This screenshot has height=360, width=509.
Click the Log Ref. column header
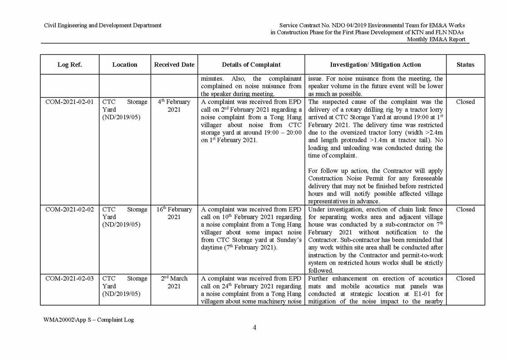[x=69, y=65]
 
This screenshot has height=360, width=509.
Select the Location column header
[x=125, y=65]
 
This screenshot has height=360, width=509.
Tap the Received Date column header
[x=174, y=65]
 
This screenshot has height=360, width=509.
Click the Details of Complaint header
[x=251, y=65]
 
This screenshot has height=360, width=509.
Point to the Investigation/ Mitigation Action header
[x=375, y=65]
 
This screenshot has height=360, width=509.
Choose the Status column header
[x=465, y=65]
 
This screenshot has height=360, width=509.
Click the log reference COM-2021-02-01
[x=69, y=102]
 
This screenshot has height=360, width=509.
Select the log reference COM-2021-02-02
[x=69, y=210]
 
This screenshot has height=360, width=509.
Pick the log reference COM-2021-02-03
[x=69, y=278]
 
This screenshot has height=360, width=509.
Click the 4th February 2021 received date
[x=174, y=106]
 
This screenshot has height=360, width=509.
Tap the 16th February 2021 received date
[x=174, y=213]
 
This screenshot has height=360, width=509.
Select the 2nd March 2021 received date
[x=174, y=282]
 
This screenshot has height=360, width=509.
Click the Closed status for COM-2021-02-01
[x=465, y=102]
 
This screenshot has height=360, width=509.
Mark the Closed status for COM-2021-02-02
[x=465, y=210]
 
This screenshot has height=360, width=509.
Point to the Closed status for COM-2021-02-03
[x=465, y=278]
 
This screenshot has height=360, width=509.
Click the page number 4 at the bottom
[x=254, y=328]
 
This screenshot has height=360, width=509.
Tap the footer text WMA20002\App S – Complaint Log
[x=88, y=320]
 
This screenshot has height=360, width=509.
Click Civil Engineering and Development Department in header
[x=102, y=25]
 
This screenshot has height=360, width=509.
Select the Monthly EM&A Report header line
[x=436, y=39]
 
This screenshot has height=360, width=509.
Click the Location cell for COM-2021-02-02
[x=125, y=217]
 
